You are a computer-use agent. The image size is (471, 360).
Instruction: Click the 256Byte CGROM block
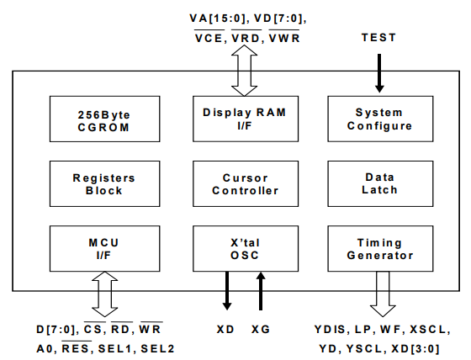tap(104, 119)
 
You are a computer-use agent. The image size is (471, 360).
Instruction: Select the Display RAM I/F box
tap(246, 119)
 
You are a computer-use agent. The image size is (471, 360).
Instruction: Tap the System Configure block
tap(380, 119)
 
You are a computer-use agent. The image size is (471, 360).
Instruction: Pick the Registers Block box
tap(104, 183)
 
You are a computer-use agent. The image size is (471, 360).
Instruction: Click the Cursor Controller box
tap(246, 183)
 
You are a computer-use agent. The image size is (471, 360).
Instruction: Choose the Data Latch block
tap(380, 183)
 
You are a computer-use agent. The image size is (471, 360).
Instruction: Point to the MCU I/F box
tap(104, 248)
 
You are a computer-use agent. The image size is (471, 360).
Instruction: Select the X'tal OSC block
tap(246, 248)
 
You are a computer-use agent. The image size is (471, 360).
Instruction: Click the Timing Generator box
tap(380, 248)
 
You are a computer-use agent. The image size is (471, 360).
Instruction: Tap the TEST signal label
tap(378, 38)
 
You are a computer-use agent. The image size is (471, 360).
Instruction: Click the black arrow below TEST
tap(379, 73)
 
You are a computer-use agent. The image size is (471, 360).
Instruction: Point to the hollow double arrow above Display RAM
tap(244, 71)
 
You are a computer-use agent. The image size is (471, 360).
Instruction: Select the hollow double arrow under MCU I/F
tap(104, 294)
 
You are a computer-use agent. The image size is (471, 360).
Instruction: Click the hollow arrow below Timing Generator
tap(383, 294)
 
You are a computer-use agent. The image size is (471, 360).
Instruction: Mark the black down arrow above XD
tap(227, 290)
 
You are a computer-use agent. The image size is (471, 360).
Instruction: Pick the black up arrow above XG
tap(261, 291)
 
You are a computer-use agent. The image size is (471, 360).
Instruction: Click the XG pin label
tap(261, 330)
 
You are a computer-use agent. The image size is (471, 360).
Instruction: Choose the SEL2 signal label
tap(157, 349)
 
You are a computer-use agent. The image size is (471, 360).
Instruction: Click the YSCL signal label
tap(364, 349)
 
